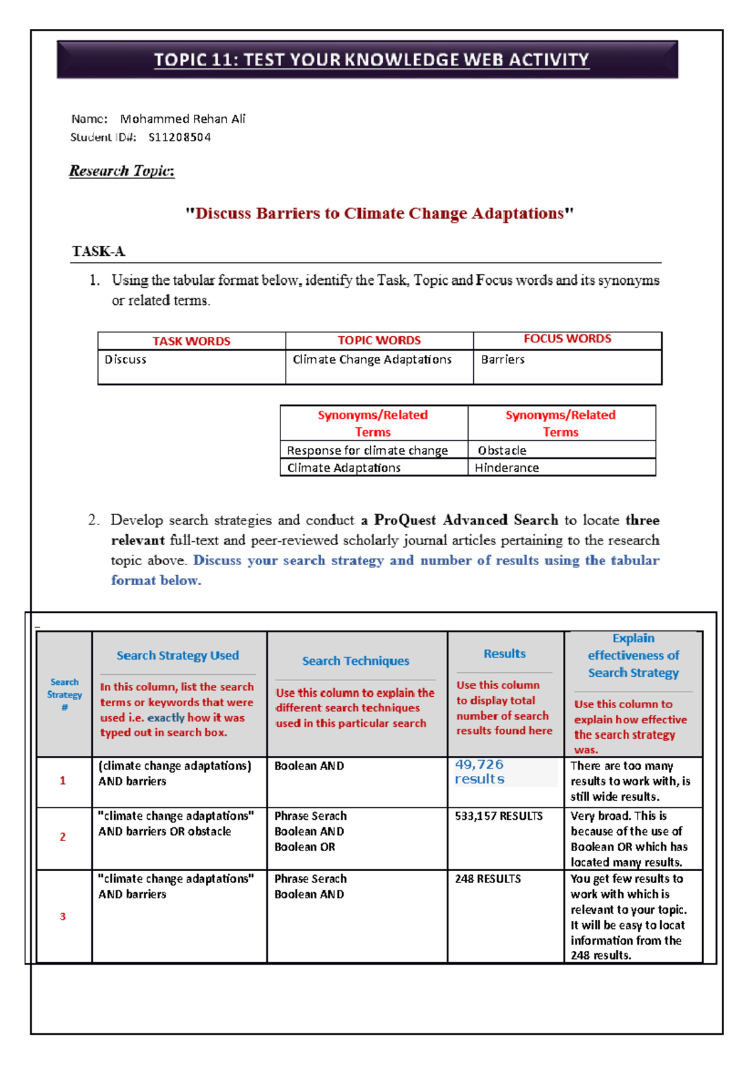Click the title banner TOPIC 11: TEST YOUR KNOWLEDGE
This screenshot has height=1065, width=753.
click(371, 60)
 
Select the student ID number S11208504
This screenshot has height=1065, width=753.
click(179, 137)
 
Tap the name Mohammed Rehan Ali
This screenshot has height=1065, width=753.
click(183, 119)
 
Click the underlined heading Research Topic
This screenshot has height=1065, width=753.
click(122, 171)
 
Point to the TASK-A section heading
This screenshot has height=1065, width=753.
click(99, 252)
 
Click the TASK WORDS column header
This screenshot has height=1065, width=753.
click(191, 341)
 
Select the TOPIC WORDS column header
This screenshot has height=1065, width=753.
click(379, 341)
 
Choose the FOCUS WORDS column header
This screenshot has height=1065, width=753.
click(567, 339)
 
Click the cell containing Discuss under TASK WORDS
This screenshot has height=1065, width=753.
click(125, 360)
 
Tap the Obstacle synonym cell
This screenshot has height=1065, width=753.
click(502, 450)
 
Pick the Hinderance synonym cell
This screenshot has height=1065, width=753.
click(506, 468)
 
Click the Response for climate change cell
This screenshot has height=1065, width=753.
click(367, 450)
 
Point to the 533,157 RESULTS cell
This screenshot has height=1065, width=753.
click(499, 816)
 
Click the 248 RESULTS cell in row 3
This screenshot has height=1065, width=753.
click(488, 879)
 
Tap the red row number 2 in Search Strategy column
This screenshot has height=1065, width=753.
click(63, 837)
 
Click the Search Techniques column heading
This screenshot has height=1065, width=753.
click(355, 661)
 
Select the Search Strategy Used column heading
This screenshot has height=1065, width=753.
click(178, 655)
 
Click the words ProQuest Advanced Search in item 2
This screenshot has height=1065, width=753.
click(466, 520)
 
